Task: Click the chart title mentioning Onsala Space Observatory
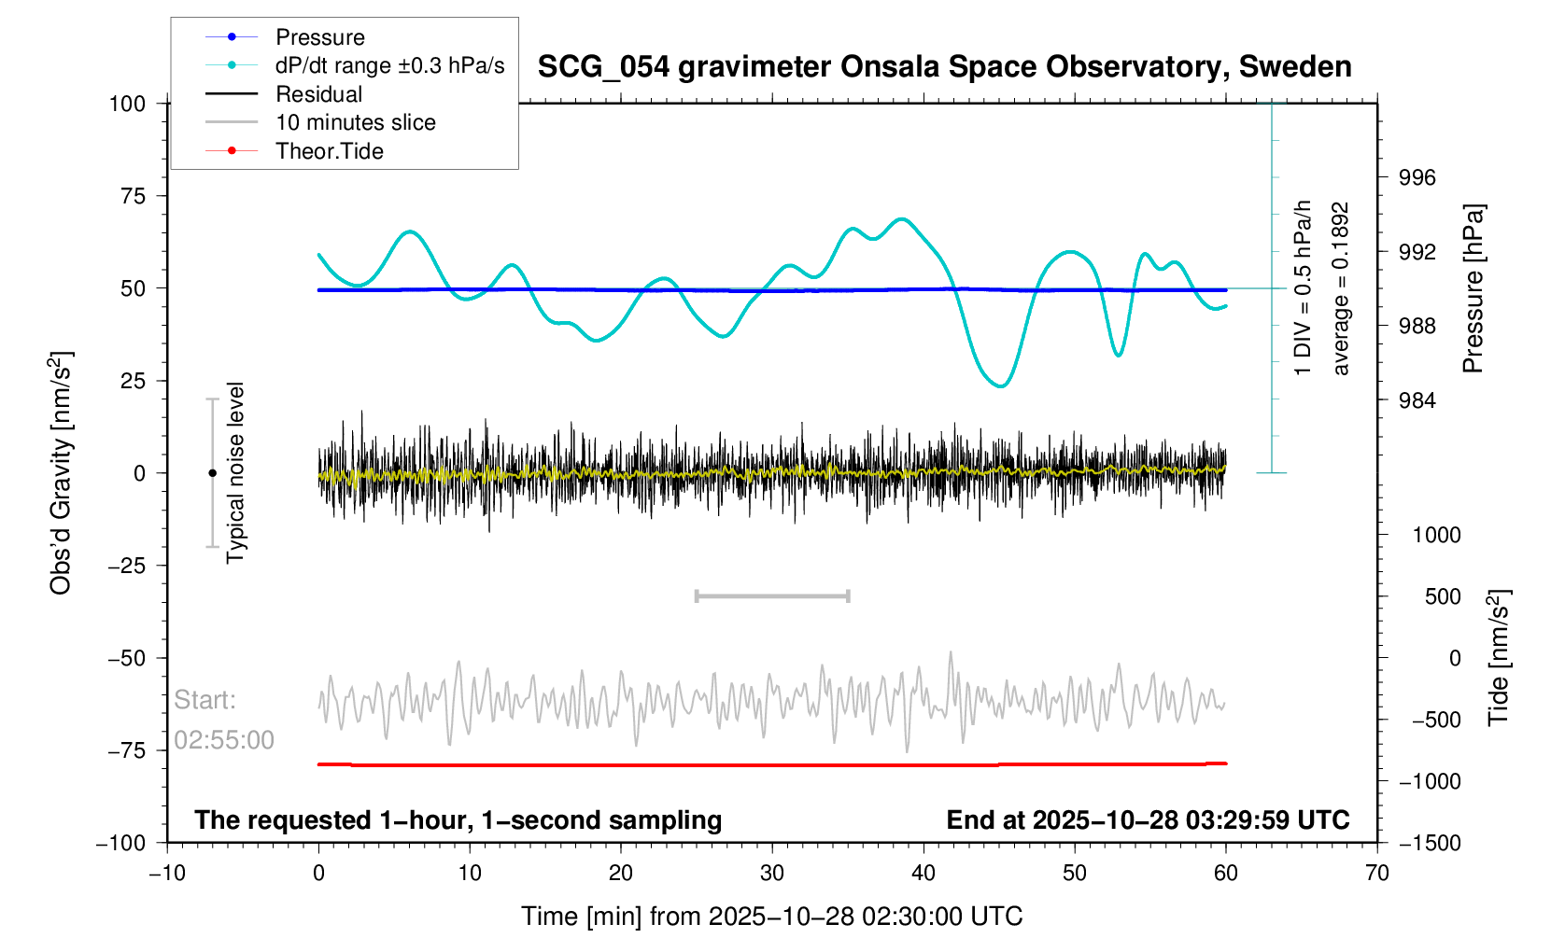coord(944,67)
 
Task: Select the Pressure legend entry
coord(319,37)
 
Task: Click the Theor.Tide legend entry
coord(329,151)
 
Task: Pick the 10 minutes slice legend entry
coord(355,122)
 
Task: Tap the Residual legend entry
coord(318,94)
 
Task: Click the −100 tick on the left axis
coord(121,843)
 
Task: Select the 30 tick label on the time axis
coord(772,873)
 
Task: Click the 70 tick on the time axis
coord(1377,873)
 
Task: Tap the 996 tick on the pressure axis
coord(1417,178)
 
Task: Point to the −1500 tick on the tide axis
coord(1429,843)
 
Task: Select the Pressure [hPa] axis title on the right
coord(1473,288)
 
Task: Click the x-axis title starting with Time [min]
coord(771,917)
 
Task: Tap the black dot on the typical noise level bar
coord(213,473)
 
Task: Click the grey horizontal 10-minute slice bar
coord(772,596)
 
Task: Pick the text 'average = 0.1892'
coord(1341,288)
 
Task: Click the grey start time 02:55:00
coord(224,740)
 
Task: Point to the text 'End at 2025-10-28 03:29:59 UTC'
coord(1148,820)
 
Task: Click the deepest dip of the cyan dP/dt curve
coord(1002,385)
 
